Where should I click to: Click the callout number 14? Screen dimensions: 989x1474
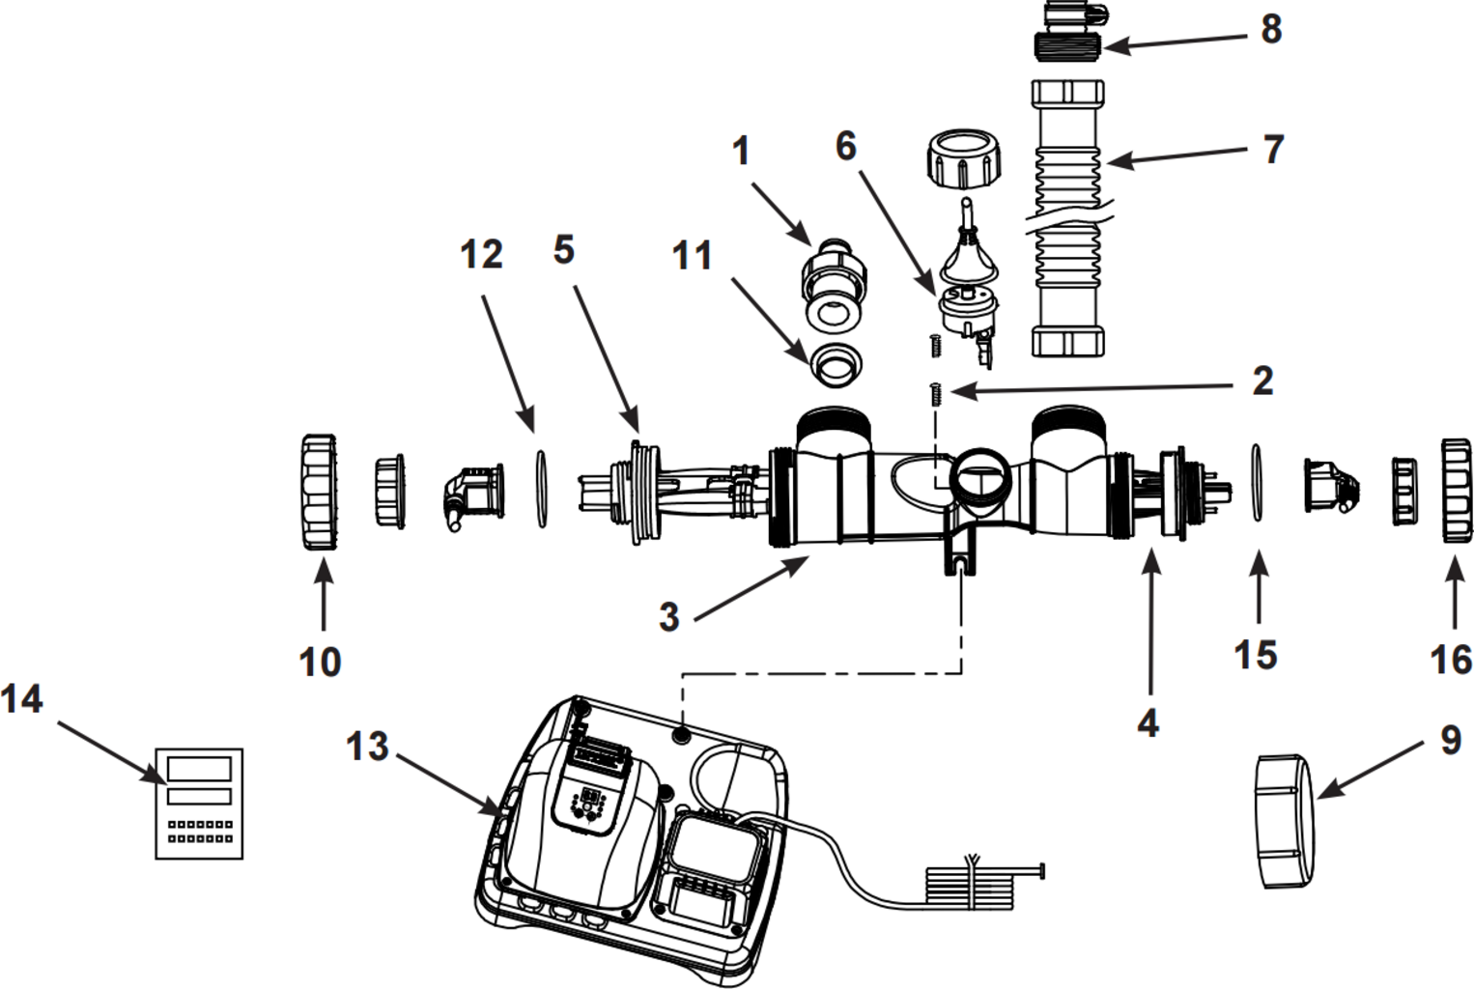click(21, 698)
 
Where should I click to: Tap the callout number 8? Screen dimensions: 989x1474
click(1271, 30)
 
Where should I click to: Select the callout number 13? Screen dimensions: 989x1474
click(367, 747)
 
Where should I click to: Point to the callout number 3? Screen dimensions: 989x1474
click(668, 617)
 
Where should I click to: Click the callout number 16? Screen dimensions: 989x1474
click(1451, 661)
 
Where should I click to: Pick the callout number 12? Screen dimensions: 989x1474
click(481, 255)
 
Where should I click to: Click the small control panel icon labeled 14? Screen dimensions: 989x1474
click(199, 803)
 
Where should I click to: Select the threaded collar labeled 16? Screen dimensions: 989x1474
click(1457, 491)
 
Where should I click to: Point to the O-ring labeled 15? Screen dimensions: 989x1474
click(1258, 483)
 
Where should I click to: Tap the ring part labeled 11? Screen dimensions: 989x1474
click(836, 362)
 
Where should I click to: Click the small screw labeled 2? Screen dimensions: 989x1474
click(935, 393)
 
